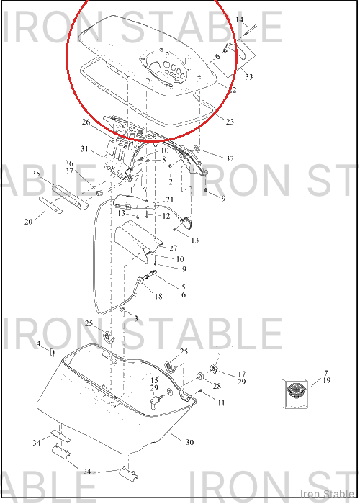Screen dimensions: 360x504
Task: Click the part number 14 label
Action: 240,20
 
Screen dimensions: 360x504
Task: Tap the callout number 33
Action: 249,76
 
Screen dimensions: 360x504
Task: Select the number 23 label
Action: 230,122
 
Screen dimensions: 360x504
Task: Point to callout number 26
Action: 86,122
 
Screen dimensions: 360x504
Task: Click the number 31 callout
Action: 84,149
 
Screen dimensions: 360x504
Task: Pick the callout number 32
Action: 230,158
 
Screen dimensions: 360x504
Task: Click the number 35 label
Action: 36,174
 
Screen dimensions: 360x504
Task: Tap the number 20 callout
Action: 29,222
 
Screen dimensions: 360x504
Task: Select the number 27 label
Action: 174,248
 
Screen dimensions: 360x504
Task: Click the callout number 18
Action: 158,296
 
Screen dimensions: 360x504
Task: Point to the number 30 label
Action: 189,442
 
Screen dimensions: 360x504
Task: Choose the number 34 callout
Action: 37,443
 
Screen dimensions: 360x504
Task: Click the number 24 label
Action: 87,472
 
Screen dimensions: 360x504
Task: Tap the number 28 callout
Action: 217,386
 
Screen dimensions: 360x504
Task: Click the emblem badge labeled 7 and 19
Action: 296,394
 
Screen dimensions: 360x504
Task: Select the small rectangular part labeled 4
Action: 51,352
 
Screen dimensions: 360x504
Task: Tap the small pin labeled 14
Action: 250,30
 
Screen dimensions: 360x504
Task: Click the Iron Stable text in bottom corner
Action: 327,494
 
